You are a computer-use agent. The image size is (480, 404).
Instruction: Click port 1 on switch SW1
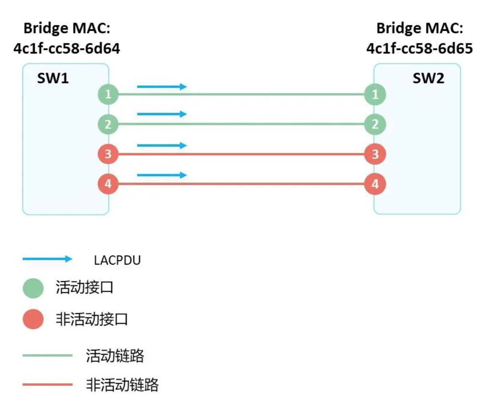point(108,94)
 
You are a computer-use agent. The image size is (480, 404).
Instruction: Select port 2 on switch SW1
point(108,124)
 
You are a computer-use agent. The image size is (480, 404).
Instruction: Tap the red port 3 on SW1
point(108,154)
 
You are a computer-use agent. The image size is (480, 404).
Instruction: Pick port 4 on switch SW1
point(108,184)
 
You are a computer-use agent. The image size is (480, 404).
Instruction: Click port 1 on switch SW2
point(375,94)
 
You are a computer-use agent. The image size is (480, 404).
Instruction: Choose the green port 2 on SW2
point(375,124)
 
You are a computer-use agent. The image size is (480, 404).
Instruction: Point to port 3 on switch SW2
point(375,154)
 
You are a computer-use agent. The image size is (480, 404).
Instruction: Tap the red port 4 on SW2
point(375,184)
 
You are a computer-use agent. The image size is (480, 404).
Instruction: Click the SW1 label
point(53,78)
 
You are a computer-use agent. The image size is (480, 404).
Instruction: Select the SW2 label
point(428,78)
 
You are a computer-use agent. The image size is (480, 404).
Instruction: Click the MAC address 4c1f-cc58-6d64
point(67,49)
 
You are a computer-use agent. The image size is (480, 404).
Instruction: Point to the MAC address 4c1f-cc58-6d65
point(420,49)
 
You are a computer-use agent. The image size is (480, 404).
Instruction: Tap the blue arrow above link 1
point(161,87)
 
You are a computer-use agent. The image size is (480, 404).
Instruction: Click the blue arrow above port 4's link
point(161,175)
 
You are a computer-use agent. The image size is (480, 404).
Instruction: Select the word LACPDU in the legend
point(117,260)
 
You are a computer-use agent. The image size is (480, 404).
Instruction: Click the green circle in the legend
point(33,288)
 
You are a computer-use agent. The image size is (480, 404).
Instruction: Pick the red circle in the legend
point(33,319)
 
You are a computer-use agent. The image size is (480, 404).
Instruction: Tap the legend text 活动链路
point(115,355)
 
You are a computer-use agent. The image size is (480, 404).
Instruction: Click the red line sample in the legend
point(47,384)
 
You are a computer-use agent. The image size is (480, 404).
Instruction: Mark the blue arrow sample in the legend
point(47,259)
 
